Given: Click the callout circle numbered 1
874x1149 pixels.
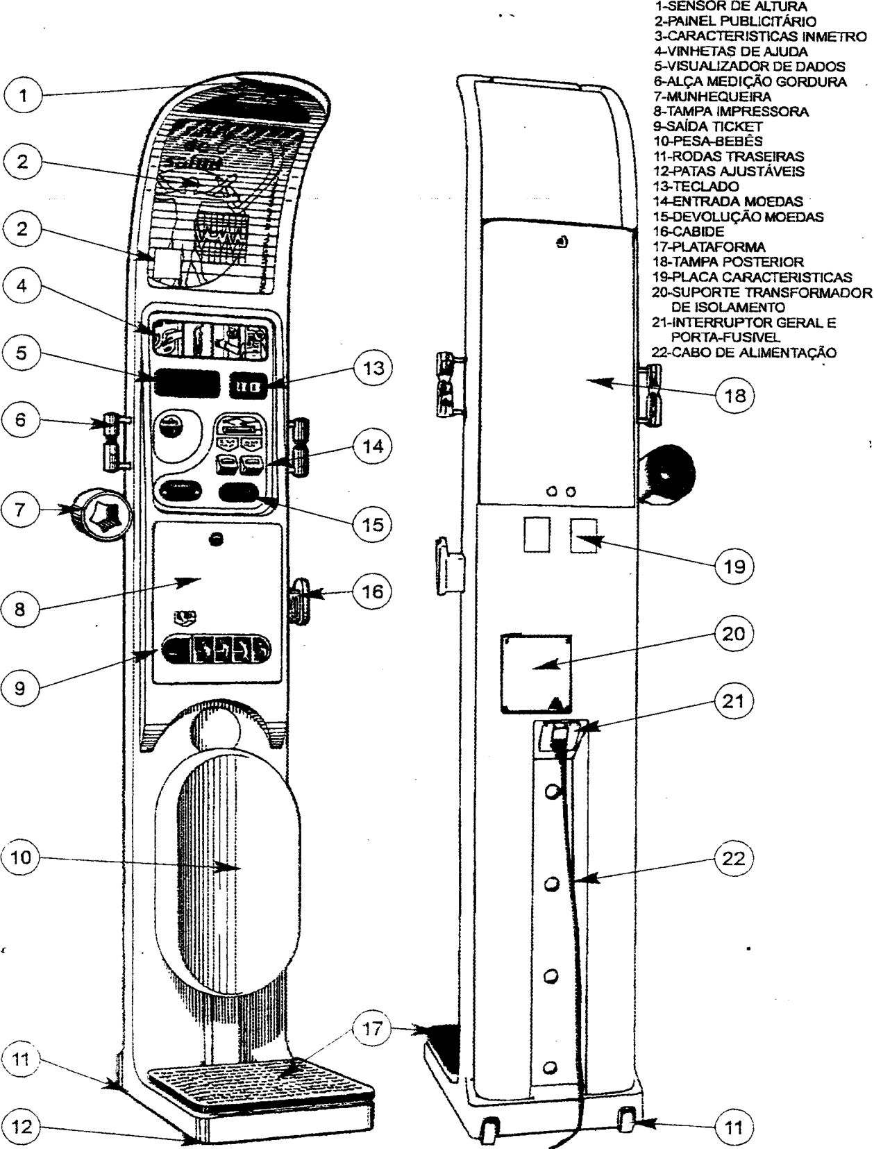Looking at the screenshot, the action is [22, 95].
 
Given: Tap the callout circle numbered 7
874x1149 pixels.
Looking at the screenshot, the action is [20, 509].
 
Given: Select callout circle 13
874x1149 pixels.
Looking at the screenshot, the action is [373, 368].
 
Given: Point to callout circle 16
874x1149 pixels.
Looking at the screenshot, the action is [373, 592].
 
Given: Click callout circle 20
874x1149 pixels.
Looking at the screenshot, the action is [733, 634].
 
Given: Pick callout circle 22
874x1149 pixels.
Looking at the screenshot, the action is [733, 859].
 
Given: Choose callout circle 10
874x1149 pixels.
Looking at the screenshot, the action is [21, 857].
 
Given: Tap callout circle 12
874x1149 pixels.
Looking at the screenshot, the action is [22, 1126].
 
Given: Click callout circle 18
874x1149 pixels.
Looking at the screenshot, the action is [734, 395].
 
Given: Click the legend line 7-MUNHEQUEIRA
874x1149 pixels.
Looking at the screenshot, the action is [712, 97].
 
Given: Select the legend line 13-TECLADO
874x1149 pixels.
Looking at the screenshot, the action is [696, 186].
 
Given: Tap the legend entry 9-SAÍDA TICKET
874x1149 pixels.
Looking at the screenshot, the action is [707, 126].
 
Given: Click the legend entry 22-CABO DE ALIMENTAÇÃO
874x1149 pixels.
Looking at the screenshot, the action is [744, 352].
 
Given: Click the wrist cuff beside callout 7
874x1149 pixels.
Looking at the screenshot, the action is [101, 514].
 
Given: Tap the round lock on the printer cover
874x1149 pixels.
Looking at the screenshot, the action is [216, 539].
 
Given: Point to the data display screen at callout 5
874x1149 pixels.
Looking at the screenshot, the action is [187, 383].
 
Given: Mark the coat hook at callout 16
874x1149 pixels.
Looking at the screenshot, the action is [299, 600].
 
